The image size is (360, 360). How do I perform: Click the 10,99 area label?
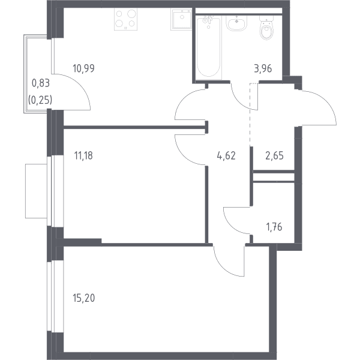click(x=83, y=68)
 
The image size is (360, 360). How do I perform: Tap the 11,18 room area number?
click(x=83, y=155)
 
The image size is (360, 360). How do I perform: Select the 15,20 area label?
click(x=84, y=298)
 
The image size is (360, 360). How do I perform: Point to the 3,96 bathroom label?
click(x=263, y=68)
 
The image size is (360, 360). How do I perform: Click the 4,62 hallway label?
click(x=226, y=155)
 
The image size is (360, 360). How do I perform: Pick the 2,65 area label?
click(x=274, y=155)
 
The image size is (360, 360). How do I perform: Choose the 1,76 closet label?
click(x=274, y=227)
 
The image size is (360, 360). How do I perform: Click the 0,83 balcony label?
click(x=41, y=83)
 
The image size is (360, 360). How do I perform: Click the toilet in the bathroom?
click(x=266, y=28)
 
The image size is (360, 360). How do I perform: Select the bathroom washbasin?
click(x=236, y=23)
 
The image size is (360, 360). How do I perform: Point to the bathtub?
click(x=209, y=47)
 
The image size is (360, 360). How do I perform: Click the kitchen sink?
click(x=181, y=19)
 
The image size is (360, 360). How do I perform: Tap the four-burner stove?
click(x=125, y=19)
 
